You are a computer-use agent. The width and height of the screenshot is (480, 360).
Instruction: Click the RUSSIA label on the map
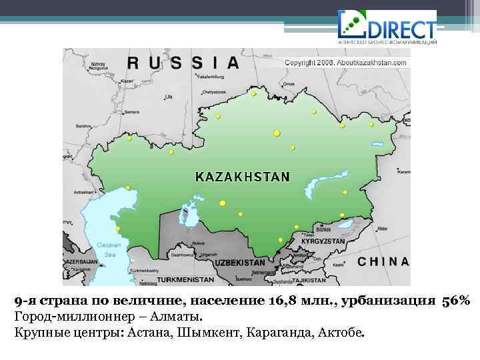click(183, 63)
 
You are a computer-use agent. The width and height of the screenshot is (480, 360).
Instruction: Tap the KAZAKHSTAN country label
click(242, 177)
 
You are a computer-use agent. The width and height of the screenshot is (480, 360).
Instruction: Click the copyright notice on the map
click(346, 62)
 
